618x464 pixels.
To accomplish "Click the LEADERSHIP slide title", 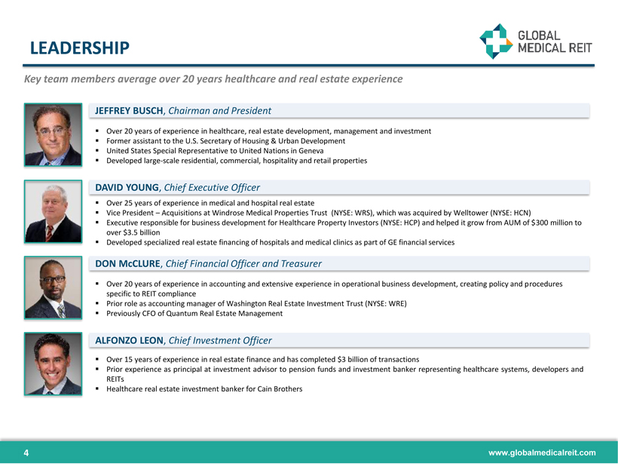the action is (x=80, y=48).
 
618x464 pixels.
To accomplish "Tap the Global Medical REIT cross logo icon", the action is (x=496, y=41).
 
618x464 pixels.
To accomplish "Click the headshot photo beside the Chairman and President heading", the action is (x=54, y=134).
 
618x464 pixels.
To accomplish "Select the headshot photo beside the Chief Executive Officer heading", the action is (x=54, y=211).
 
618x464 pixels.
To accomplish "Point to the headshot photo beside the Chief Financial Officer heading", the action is (x=54, y=287).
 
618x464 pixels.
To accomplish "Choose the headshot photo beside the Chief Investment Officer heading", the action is (x=54, y=364).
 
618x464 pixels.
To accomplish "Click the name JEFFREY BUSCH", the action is (x=129, y=111).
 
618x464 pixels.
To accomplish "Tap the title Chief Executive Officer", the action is (x=212, y=187).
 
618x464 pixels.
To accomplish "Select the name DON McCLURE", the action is (x=127, y=263).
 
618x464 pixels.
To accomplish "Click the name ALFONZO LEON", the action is (x=130, y=340).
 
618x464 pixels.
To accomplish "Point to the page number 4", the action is (x=26, y=453).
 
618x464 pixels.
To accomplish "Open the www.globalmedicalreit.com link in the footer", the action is (x=542, y=453).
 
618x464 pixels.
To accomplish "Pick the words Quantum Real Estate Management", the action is (x=225, y=313).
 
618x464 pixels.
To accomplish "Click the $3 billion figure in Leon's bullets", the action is (x=353, y=359).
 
